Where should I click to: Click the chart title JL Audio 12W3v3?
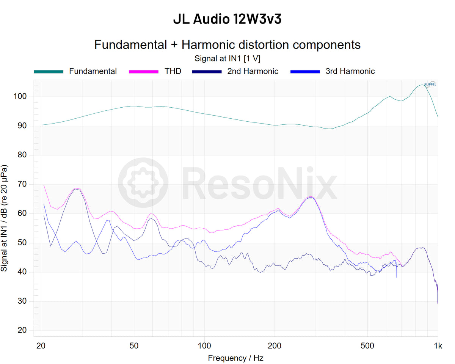tap(227, 19)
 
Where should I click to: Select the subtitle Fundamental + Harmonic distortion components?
tap(227, 45)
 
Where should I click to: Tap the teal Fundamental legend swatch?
tap(49, 71)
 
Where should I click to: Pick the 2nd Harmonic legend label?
tap(253, 71)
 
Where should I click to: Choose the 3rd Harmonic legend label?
tap(350, 71)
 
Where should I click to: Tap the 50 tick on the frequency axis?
tap(133, 346)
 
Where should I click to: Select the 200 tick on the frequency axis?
tap(275, 346)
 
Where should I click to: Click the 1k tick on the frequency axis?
tap(438, 346)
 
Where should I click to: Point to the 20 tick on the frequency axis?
tap(41, 346)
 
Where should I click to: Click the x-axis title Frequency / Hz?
tap(235, 358)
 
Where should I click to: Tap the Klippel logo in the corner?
tap(430, 84)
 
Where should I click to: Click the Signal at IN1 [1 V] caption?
tap(227, 58)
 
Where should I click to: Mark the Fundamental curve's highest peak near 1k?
tap(422, 85)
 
